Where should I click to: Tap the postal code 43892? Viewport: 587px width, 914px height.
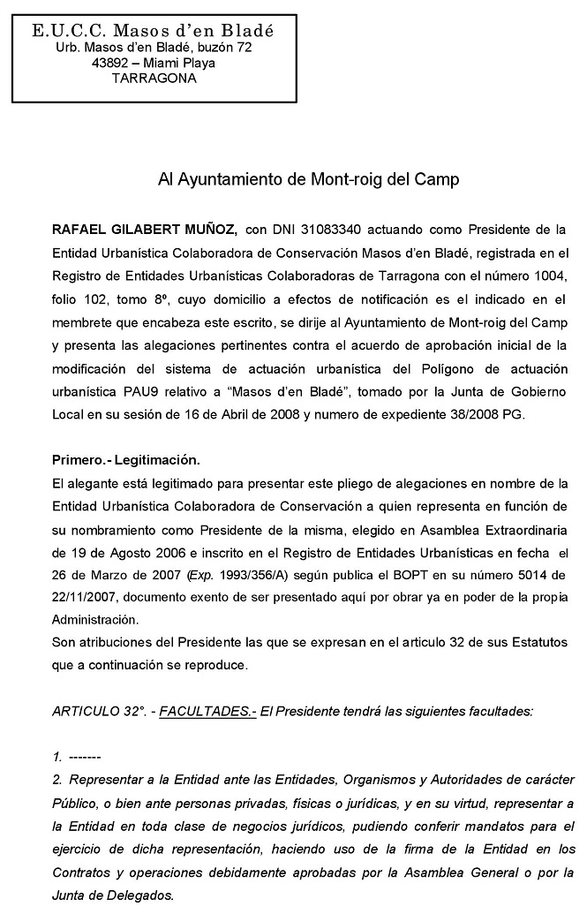tap(109, 63)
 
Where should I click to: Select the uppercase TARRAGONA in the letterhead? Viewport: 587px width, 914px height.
tap(154, 78)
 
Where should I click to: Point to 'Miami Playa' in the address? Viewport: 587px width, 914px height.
tap(184, 63)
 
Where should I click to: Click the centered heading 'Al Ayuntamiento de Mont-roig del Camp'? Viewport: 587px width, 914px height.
tap(308, 179)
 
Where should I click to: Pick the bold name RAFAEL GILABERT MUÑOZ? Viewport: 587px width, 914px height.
tap(144, 230)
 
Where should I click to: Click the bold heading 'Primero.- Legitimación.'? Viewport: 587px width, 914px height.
tap(126, 460)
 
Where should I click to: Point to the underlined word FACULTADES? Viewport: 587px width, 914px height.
tap(207, 711)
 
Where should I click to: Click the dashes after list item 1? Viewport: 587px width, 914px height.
tap(85, 758)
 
